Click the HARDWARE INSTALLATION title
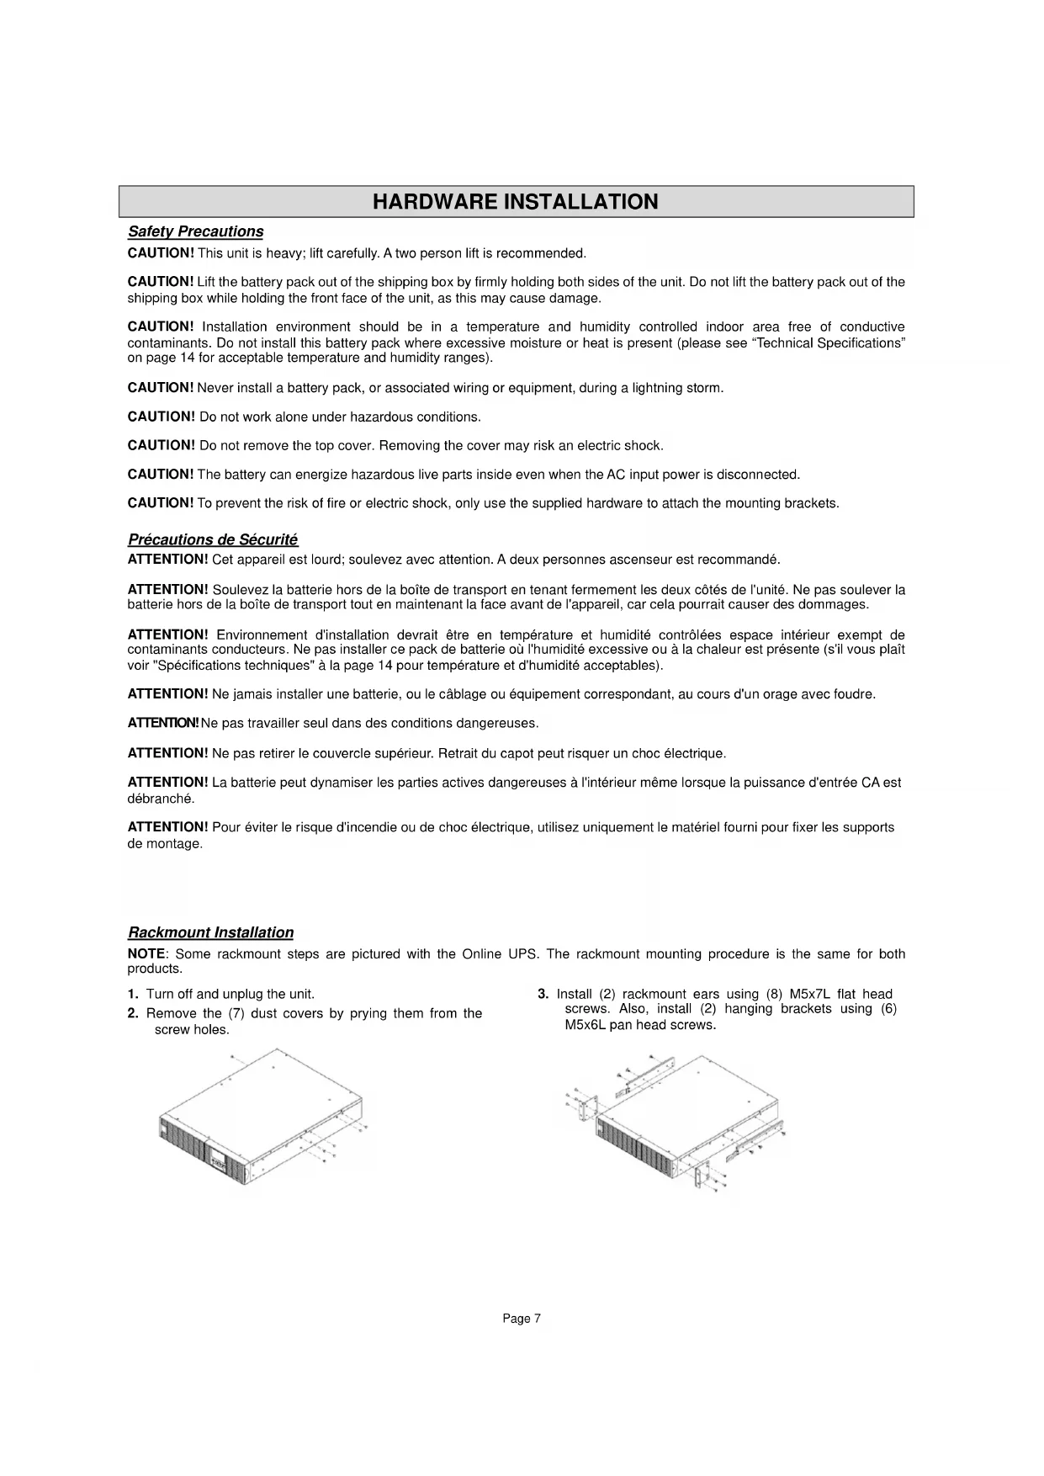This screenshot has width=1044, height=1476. click(515, 202)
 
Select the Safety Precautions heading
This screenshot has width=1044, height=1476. click(195, 231)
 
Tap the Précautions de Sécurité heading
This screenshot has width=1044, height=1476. click(213, 539)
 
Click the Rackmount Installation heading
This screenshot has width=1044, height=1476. click(210, 932)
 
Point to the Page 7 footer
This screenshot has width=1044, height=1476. click(522, 1319)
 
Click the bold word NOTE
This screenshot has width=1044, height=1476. click(146, 954)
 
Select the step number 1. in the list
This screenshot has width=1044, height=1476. click(133, 995)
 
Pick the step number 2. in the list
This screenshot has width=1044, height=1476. click(133, 1013)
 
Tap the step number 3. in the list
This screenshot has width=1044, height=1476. click(543, 995)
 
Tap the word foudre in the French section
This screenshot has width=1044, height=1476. click(857, 694)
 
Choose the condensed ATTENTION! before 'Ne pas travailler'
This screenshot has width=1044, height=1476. click(163, 724)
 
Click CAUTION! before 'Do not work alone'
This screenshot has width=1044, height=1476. click(161, 417)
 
